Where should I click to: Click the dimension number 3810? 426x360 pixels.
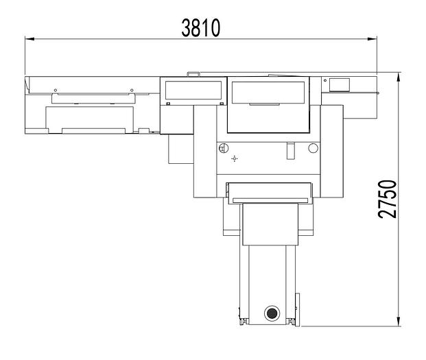(x=201, y=27)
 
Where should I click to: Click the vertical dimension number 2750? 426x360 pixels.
(x=388, y=199)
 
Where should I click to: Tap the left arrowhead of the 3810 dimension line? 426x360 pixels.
(x=29, y=39)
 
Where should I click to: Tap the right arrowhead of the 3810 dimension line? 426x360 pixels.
(x=372, y=39)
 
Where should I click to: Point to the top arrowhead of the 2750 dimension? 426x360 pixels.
(x=399, y=77)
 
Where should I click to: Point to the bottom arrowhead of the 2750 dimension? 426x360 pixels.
(x=399, y=322)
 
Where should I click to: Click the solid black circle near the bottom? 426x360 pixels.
(x=272, y=313)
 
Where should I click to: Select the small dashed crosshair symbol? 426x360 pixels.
(x=235, y=158)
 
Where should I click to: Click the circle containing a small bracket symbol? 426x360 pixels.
(x=224, y=148)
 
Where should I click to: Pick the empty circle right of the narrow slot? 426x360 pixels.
(x=313, y=148)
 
